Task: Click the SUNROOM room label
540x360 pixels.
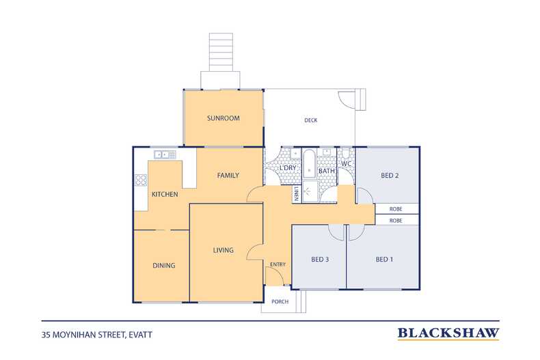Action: click(x=223, y=118)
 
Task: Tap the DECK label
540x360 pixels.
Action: click(x=310, y=120)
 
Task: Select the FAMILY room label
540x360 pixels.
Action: click(x=228, y=175)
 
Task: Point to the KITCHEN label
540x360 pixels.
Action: click(x=165, y=194)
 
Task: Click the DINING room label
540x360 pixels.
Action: click(x=164, y=265)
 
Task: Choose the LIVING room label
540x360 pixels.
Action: click(x=223, y=250)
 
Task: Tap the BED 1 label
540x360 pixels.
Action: click(x=384, y=259)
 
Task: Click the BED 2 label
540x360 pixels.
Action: click(x=390, y=175)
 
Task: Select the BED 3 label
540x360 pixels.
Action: click(x=320, y=259)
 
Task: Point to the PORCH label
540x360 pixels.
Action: click(x=280, y=301)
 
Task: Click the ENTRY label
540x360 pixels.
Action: click(x=278, y=264)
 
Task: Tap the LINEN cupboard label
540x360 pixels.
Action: click(x=296, y=194)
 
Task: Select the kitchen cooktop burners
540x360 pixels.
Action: click(x=141, y=180)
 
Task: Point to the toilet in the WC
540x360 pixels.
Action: click(x=346, y=154)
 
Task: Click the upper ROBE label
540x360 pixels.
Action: click(x=396, y=209)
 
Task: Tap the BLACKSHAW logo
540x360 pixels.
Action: click(x=448, y=333)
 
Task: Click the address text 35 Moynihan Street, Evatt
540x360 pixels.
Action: click(x=97, y=335)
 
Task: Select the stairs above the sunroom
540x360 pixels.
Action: click(x=221, y=53)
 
